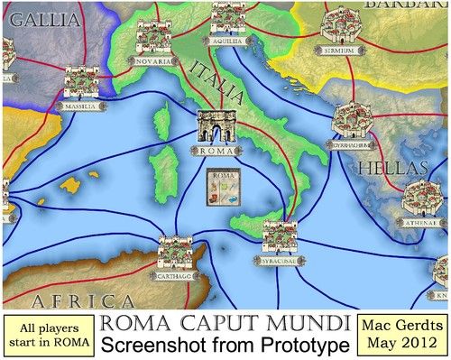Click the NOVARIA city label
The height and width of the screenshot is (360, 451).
point(153,62)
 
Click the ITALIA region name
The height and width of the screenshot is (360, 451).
point(216,78)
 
